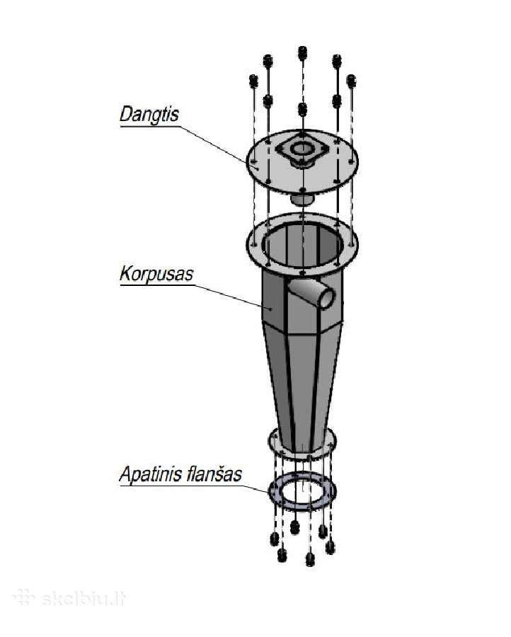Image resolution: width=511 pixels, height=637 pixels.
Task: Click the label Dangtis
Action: coord(149,114)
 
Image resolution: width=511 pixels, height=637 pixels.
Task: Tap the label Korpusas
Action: coord(156,274)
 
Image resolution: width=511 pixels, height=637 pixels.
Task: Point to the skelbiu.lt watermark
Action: coord(69,598)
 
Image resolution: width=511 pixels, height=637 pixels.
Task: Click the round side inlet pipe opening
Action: coord(326,298)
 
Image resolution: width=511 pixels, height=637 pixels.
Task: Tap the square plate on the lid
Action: coord(302,149)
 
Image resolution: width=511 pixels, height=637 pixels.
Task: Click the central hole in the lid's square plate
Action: coord(302,149)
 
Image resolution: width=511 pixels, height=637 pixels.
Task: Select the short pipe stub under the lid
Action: coord(302,200)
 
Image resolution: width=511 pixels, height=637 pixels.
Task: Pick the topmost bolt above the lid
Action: coord(302,53)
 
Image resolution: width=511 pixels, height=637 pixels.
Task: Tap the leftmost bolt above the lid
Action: coord(253,81)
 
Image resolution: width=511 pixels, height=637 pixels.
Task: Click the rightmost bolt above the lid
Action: coord(351,81)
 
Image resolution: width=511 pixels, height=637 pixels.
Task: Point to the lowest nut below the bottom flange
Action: coord(310,559)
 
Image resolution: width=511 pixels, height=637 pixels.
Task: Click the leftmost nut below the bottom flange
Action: coord(275,539)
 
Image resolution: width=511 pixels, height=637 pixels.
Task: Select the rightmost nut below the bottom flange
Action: coord(331,547)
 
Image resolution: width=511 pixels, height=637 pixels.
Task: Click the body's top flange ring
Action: coord(254,243)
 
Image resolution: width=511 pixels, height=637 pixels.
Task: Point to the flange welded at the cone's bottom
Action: coord(273,442)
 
